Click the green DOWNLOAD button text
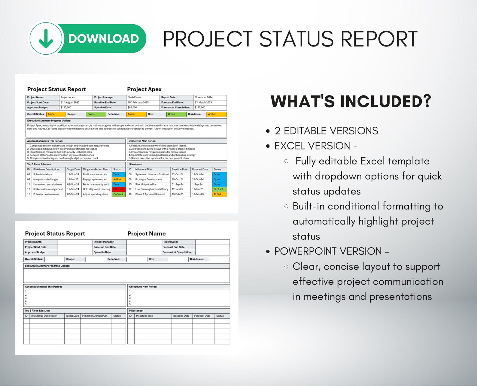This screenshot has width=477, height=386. [103, 38]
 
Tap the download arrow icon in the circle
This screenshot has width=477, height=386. [46, 39]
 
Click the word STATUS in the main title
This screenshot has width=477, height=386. [296, 39]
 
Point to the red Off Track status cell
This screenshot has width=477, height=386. [118, 189]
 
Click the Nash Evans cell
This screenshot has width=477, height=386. [134, 97]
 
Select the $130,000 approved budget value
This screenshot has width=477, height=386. [66, 107]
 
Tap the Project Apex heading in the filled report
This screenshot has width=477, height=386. [144, 89]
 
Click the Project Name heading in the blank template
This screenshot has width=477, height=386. [146, 234]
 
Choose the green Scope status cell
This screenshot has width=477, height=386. [96, 114]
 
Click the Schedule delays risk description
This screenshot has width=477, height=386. [43, 174]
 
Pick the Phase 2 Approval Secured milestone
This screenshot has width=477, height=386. [150, 194]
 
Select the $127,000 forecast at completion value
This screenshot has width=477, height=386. [200, 107]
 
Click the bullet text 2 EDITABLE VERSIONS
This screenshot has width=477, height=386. [326, 131]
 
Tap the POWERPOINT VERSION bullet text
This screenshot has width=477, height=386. [328, 251]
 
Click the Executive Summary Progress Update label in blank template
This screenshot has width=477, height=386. [47, 266]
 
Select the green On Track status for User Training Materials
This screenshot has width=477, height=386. [219, 189]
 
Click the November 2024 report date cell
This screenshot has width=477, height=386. [204, 97]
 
